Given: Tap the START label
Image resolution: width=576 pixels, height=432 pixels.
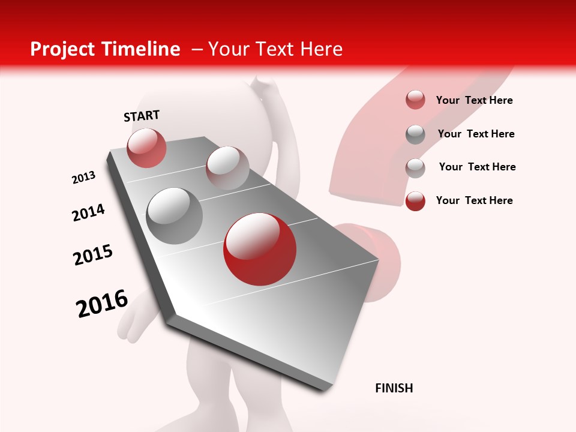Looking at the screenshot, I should coord(142,116).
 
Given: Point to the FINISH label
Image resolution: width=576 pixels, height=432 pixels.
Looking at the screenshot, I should coord(394,388).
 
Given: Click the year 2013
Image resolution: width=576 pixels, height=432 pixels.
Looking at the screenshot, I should coord(83,178).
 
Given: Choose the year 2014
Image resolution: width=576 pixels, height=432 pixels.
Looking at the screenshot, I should coord(88,212).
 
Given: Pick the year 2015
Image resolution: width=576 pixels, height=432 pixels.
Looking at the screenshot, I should coord(93,255).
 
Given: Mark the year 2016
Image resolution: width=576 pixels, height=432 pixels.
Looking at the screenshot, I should coord(102,304).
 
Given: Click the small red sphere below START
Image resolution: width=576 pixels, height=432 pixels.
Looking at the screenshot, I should coord(146,148).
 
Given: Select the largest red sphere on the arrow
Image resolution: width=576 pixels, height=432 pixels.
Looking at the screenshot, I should coord(260,249).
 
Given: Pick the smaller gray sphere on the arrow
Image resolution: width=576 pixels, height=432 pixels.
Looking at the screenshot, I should coord(227,168).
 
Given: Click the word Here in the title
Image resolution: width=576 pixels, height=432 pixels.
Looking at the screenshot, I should coord(321,49).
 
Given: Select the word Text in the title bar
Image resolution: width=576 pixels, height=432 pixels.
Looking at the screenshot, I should coord(275,49).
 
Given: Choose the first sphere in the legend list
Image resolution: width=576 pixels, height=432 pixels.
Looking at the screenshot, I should coord(415,100).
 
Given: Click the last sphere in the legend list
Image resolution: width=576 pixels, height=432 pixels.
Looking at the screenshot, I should coord(415,201).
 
